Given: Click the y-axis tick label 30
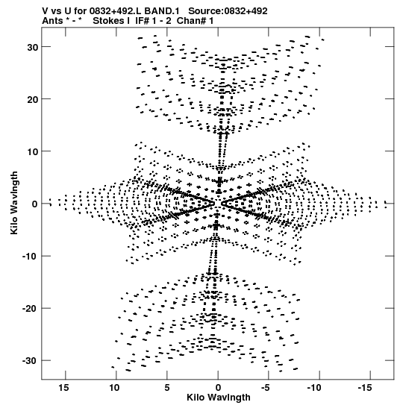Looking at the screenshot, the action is pos(33,47).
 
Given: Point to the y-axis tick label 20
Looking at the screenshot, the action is pos(33,99).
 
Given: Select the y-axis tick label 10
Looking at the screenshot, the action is pos(33,151).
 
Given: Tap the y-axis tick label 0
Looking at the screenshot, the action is pos(35,204).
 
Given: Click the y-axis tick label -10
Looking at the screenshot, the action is pos(31,256).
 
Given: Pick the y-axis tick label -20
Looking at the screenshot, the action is pos(31,308).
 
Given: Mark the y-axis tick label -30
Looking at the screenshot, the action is pos(31,361).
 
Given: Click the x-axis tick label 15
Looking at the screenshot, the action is pos(63,387).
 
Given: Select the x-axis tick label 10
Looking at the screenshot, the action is pos(114,387).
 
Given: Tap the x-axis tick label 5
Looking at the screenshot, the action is pos(167,387).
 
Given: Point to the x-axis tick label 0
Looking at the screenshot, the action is pos(218,387).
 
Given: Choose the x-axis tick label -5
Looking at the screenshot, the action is pos(265,387).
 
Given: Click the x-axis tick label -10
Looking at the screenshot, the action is pos(314,387).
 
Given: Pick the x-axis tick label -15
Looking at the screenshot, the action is pos(365,387).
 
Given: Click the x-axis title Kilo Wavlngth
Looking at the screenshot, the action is pos(219,398).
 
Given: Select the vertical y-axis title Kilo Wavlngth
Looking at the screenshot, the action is pos(14,203).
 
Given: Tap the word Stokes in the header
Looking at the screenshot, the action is pos(108,21).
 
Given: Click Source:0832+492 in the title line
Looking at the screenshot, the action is pos(228,11).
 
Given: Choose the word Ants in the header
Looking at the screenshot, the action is pos(52,21).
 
